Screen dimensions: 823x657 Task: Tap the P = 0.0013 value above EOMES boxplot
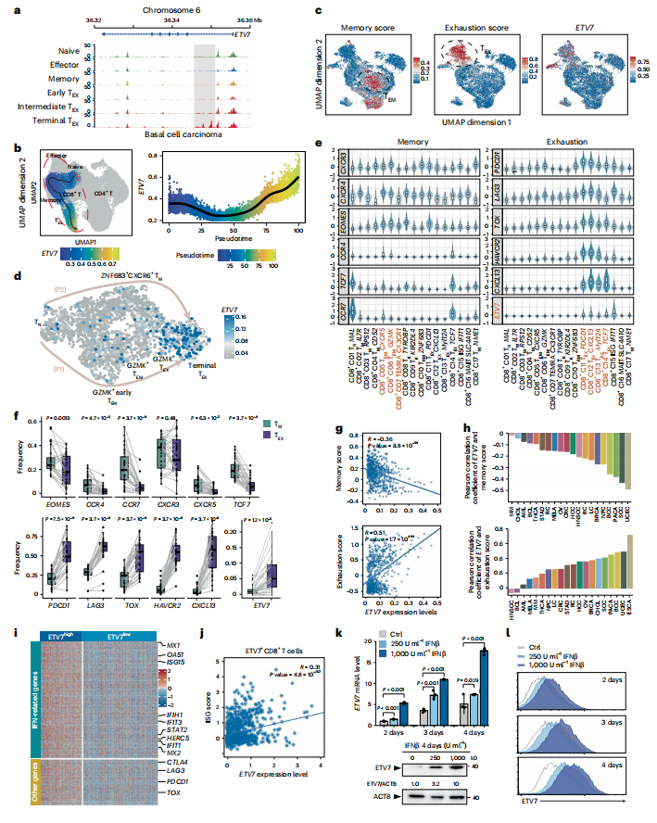point(57,430)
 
